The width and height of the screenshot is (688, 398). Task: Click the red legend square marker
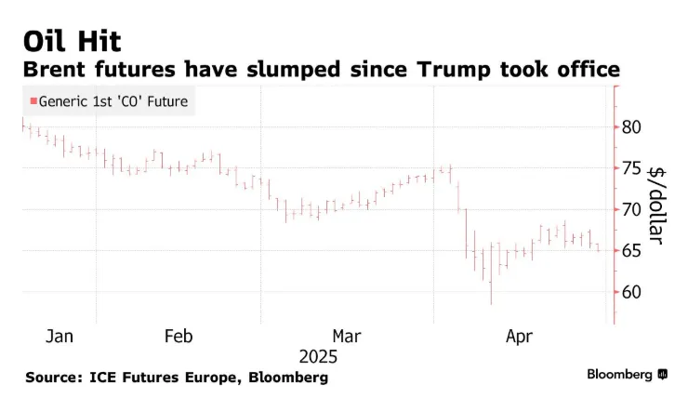click(x=33, y=102)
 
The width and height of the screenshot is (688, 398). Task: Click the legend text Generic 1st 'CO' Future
click(x=113, y=102)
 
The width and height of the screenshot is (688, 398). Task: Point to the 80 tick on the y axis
click(x=631, y=126)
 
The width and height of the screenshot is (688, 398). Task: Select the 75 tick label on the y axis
click(x=631, y=168)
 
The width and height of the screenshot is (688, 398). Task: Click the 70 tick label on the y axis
click(x=631, y=209)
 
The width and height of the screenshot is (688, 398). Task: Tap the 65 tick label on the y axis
click(x=631, y=250)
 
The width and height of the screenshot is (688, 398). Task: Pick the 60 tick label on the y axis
click(x=631, y=292)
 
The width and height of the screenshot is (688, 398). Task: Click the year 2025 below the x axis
click(x=319, y=356)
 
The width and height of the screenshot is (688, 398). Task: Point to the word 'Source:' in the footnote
click(x=56, y=378)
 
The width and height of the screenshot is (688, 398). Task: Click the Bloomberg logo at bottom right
click(x=626, y=374)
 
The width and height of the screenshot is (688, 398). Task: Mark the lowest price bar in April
click(x=491, y=288)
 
